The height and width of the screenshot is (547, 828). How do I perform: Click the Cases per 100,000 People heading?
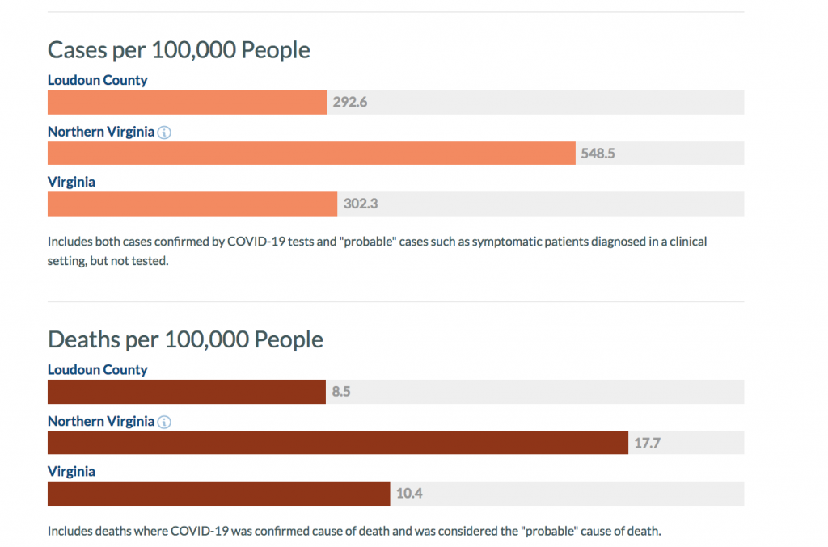[179, 49]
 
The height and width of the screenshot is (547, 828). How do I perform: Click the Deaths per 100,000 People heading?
[185, 339]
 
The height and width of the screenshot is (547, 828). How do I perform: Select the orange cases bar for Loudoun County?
[188, 103]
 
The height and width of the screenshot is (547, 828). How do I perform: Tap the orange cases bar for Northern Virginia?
[311, 154]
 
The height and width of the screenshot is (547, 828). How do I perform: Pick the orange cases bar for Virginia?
[192, 204]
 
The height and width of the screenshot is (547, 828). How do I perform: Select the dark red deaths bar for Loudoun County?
[187, 392]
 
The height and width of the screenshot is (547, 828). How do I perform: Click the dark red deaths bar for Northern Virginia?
[338, 443]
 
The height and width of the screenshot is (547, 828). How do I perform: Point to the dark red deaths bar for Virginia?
[219, 494]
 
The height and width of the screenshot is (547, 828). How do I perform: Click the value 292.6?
[350, 103]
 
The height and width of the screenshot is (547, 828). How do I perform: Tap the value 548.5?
[598, 154]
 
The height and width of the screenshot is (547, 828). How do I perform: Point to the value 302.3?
[361, 204]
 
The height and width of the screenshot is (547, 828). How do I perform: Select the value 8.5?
[340, 392]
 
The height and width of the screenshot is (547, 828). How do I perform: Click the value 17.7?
[648, 443]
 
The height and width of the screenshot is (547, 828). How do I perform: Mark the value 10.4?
[409, 494]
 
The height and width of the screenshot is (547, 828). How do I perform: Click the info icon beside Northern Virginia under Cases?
[164, 133]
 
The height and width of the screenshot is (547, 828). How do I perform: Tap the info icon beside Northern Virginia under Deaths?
[164, 422]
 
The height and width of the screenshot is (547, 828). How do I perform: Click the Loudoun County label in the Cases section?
[98, 80]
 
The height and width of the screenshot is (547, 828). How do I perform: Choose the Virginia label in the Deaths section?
[71, 471]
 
